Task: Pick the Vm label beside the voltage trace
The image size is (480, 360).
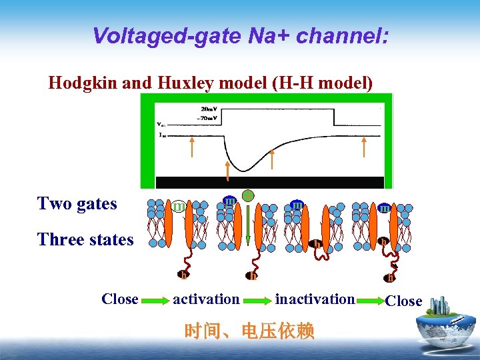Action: tap(159, 123)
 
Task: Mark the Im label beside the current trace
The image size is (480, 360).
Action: tap(161, 135)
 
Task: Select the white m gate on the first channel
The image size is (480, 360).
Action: tap(178, 207)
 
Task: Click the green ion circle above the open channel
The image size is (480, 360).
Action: tap(248, 196)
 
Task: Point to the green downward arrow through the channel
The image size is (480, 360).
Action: tap(248, 227)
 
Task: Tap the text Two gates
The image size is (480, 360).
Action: tap(77, 203)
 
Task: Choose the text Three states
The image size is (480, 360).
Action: tap(85, 239)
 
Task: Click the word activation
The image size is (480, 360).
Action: tap(206, 299)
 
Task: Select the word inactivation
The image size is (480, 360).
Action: tap(315, 299)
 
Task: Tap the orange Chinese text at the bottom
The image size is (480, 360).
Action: tap(249, 331)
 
